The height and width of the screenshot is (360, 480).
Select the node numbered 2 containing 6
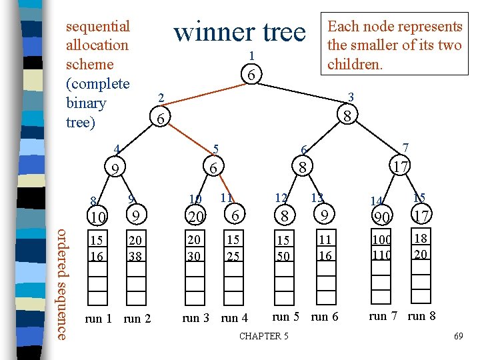click(159, 119)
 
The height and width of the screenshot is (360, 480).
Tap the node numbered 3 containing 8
click(347, 115)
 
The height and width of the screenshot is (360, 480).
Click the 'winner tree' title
click(239, 32)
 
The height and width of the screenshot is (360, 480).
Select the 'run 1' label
click(99, 318)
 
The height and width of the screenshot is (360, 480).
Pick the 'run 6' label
click(325, 317)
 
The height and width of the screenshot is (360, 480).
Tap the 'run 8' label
click(422, 315)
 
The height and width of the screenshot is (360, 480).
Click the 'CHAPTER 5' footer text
click(264, 336)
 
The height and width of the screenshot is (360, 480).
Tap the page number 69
click(458, 337)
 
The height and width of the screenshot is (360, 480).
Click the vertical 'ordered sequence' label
click(62, 284)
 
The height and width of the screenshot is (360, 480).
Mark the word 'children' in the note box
click(354, 65)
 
